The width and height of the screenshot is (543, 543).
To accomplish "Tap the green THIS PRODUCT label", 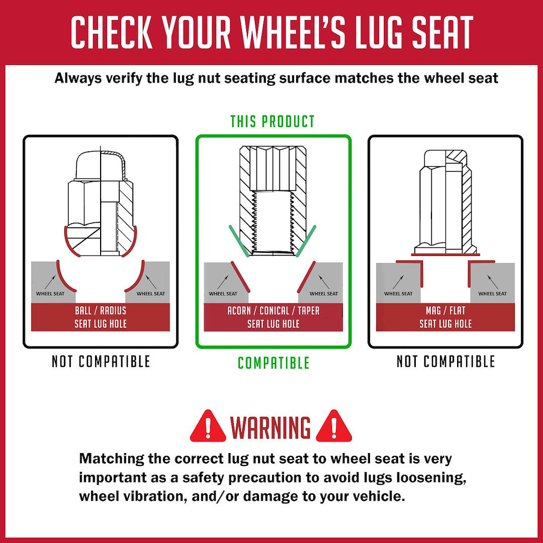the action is (x=273, y=122).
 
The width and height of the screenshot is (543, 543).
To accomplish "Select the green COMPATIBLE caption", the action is (x=274, y=363).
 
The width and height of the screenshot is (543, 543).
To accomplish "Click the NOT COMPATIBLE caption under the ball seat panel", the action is (x=101, y=361).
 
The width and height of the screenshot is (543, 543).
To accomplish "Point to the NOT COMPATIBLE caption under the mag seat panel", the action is (x=445, y=361).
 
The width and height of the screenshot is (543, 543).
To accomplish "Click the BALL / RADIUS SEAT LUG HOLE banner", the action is (x=101, y=317).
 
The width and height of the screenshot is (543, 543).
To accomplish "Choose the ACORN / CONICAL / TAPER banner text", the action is (x=273, y=311).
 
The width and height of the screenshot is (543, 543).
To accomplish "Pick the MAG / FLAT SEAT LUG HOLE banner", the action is (x=445, y=317).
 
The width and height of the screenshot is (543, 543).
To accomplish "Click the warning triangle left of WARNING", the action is (x=208, y=427).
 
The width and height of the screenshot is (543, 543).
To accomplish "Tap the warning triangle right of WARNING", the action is (x=334, y=427).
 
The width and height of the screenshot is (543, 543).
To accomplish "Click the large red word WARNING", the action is (x=270, y=427).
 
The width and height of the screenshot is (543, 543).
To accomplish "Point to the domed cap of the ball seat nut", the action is (x=101, y=165).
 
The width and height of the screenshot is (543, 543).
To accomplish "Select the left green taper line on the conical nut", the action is (x=239, y=241).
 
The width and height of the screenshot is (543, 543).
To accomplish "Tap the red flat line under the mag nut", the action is (x=445, y=254).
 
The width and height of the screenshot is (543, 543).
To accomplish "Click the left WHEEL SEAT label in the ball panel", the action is (x=50, y=294).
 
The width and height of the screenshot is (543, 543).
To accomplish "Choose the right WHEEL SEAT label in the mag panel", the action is (x=492, y=294).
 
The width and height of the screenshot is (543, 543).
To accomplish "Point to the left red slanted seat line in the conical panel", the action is (x=240, y=276).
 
